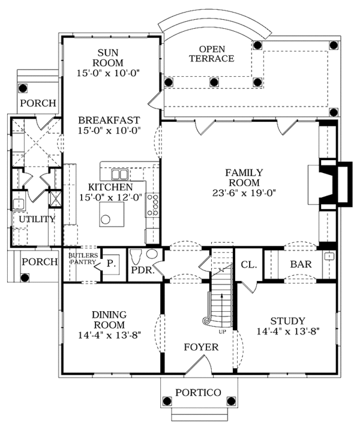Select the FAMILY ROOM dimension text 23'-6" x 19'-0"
pos(242,193)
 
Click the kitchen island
pos(112,213)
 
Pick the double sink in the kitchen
pos(121,174)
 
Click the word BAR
pos(300,264)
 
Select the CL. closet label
pos(248,264)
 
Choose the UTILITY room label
pos(37,219)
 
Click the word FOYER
pos(201,347)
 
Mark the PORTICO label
pos(197,393)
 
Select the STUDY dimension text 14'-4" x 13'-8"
pos(287,331)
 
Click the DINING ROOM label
pos(109,319)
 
